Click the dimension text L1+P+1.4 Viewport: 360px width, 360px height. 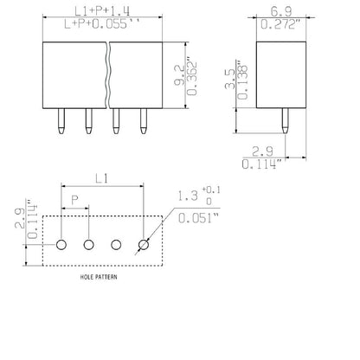(101, 10)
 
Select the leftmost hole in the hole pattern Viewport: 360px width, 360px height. (61, 245)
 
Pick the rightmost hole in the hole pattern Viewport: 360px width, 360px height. (143, 245)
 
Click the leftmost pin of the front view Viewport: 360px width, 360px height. (61, 124)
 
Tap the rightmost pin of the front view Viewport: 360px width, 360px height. (143, 124)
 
